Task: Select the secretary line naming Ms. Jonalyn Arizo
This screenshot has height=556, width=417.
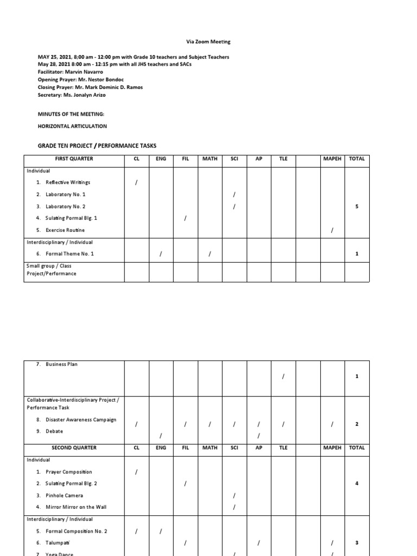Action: point(72,94)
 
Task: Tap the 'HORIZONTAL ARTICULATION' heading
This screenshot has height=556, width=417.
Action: point(72,126)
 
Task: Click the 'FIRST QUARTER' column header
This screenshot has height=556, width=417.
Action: point(74,159)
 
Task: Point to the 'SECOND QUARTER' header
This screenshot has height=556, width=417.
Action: point(74,448)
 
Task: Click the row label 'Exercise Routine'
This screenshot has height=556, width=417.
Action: point(65,230)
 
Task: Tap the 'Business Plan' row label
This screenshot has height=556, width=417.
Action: point(61,364)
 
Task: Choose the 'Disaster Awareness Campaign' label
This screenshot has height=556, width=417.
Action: point(81,420)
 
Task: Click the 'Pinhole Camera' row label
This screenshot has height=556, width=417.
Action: point(64,495)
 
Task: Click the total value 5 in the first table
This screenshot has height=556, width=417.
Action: point(357,206)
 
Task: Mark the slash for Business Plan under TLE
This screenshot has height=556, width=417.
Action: point(283,376)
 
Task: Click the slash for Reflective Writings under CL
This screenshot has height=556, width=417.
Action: point(136,183)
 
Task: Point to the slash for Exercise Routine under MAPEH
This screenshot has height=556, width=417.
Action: point(332,231)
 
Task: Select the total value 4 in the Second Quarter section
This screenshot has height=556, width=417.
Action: point(357,483)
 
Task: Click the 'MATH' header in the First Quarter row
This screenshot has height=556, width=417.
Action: point(210,159)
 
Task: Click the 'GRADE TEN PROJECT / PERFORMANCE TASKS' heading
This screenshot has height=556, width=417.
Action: point(97,146)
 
